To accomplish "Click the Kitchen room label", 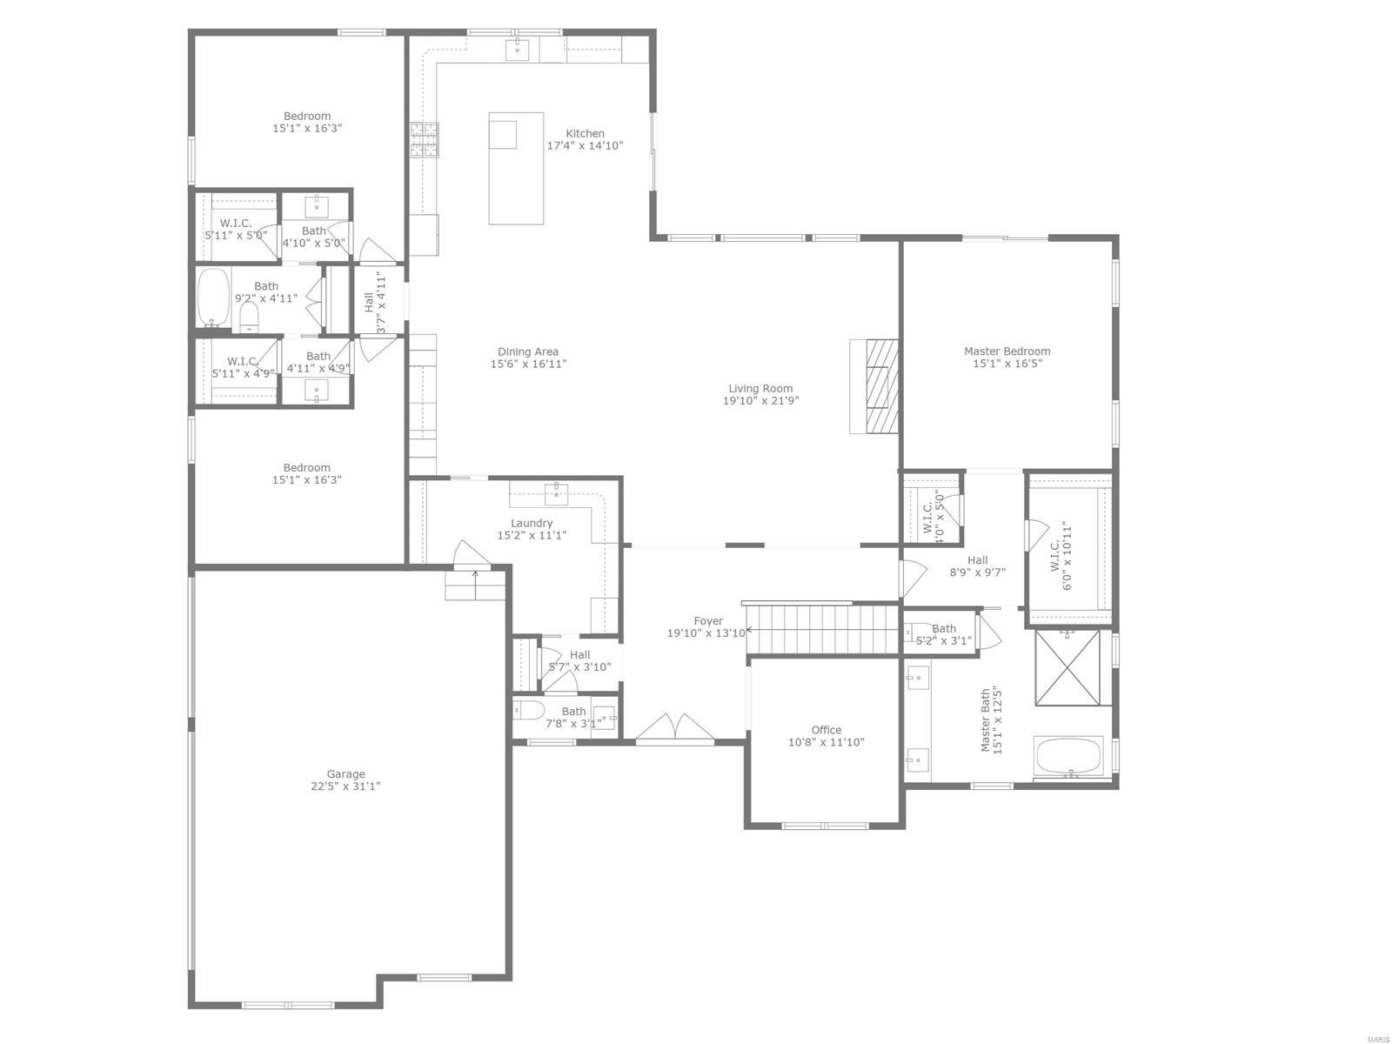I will [x=585, y=133].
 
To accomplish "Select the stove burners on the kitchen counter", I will [x=425, y=139].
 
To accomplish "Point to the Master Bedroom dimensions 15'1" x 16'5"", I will [x=1007, y=364].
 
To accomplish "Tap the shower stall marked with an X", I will [x=1067, y=667].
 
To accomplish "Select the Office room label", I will [x=826, y=730].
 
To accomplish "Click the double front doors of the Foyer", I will [x=675, y=729].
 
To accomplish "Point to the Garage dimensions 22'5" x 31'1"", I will [x=345, y=786].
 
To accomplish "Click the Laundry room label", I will [x=532, y=523].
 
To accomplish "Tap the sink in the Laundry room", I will [x=556, y=493].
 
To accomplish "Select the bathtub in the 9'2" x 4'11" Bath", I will [x=213, y=297].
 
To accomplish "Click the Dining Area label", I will [x=528, y=351].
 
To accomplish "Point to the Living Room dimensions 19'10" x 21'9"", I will [x=760, y=401].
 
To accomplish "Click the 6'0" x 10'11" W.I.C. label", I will [x=1061, y=556].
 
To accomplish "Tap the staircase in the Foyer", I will [x=822, y=629].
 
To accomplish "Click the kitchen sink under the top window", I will [x=519, y=49].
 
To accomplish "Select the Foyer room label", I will [x=708, y=621].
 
